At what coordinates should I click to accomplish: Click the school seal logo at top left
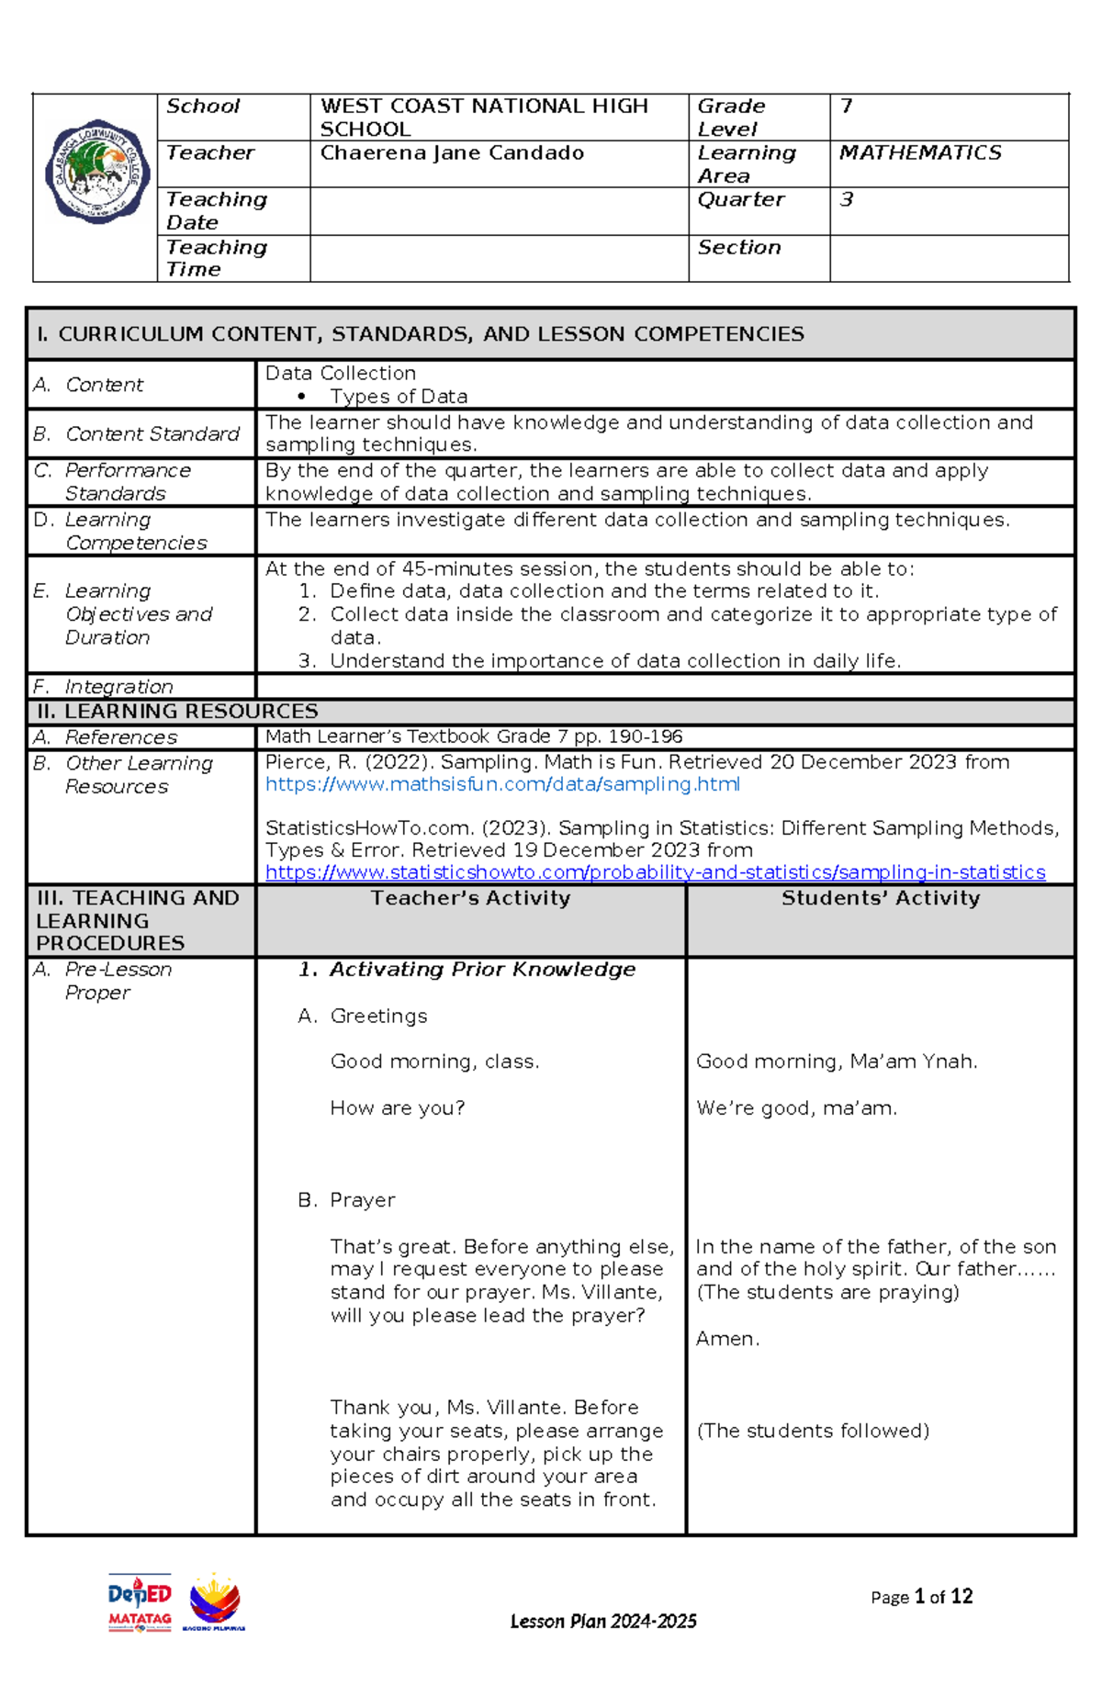click(x=97, y=171)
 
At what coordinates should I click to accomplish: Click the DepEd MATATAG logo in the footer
click(x=140, y=1602)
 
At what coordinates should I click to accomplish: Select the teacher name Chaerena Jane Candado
click(x=452, y=153)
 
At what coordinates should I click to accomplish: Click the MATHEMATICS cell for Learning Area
click(x=920, y=153)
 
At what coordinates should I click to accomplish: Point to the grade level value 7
click(x=847, y=107)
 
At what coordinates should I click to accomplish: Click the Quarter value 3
click(x=847, y=200)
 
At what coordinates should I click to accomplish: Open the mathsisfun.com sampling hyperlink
click(x=502, y=784)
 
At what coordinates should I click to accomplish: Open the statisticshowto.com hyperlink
click(x=655, y=872)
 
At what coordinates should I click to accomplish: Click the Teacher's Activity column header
click(x=470, y=898)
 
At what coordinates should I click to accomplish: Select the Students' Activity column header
click(x=881, y=898)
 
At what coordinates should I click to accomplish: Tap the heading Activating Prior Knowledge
click(x=482, y=970)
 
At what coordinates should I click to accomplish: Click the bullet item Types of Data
click(x=399, y=397)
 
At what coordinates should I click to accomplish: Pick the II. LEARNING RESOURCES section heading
click(x=177, y=712)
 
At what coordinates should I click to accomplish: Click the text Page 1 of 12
click(x=921, y=1597)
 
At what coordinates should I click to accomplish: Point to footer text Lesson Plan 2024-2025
click(x=603, y=1622)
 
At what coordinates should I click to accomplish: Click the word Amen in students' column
click(x=727, y=1339)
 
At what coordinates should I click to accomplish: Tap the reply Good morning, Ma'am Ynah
click(x=837, y=1062)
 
